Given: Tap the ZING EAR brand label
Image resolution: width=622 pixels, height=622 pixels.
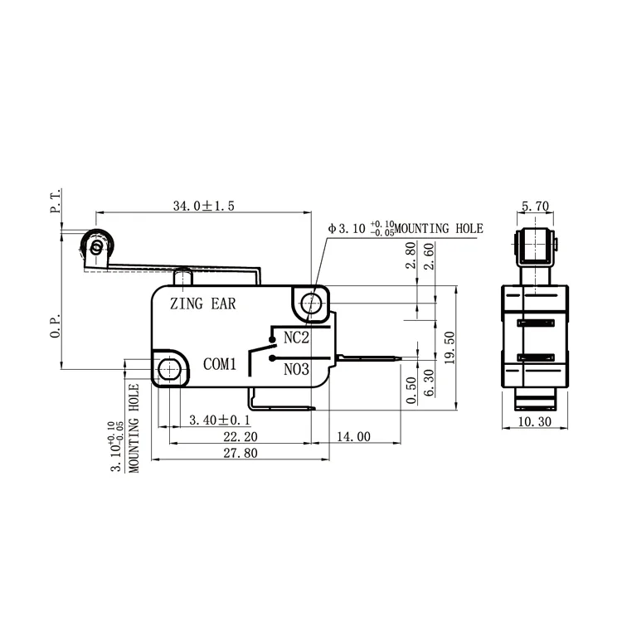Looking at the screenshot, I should [202, 304].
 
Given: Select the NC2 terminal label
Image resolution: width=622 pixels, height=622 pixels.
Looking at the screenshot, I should [296, 338].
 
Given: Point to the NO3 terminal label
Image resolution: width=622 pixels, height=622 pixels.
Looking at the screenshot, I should [296, 370].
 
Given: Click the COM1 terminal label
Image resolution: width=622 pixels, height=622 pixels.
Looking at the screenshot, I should [221, 363].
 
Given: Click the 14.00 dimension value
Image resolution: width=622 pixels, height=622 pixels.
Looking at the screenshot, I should [352, 436].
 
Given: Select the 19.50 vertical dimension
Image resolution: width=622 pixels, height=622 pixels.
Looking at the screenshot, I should [449, 347].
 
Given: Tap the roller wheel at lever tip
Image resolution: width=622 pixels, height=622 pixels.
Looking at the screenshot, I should [97, 246].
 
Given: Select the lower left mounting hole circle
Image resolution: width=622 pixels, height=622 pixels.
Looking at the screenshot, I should [169, 369].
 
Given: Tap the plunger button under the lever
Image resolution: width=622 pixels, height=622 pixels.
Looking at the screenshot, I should [185, 275].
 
